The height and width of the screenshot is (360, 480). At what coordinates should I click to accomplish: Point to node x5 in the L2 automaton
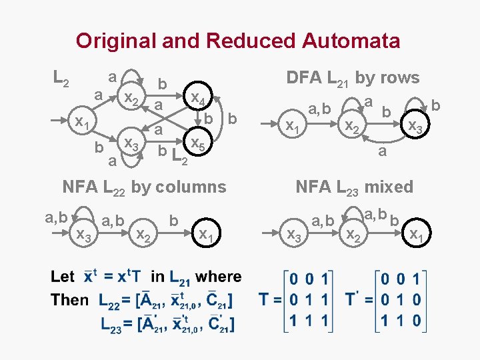197,143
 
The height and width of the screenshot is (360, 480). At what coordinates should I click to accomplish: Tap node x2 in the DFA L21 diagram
350,125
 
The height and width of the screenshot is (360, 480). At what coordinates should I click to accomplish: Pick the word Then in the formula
69,300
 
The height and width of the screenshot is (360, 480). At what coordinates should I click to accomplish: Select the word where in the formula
219,277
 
